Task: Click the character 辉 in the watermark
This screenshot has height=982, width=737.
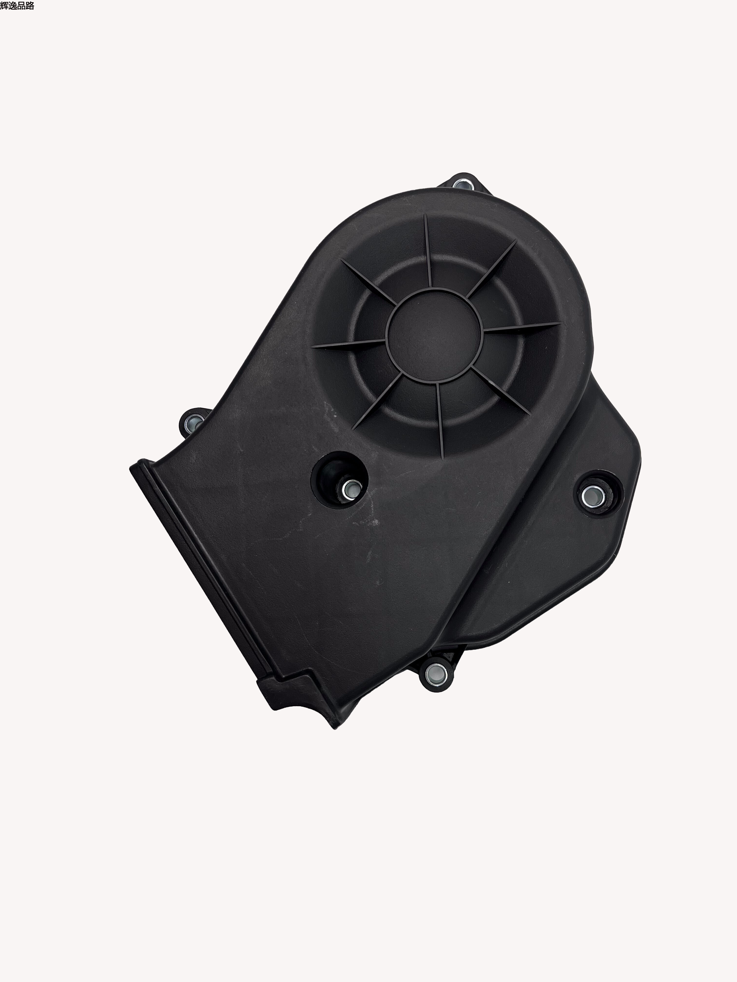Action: tap(4, 6)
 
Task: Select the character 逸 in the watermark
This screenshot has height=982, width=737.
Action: tap(13, 6)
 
